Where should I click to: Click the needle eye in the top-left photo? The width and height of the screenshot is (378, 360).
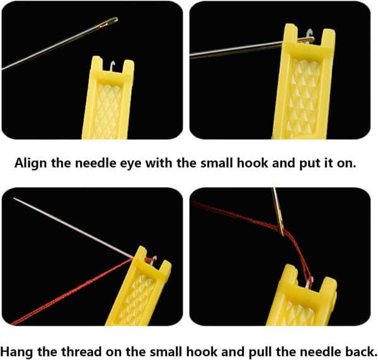click(109, 23)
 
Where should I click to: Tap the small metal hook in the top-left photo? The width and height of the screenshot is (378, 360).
click(112, 66)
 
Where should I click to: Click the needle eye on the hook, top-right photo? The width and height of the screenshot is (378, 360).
click(306, 40)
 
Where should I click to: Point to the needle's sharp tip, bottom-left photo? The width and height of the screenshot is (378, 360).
click(14, 198)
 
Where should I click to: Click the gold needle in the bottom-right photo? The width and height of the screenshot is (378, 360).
click(278, 211)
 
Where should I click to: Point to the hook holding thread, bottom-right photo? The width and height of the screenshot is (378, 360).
click(309, 283)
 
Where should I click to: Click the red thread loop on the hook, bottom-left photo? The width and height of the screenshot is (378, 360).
click(150, 259)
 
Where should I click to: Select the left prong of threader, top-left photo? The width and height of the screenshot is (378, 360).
click(97, 65)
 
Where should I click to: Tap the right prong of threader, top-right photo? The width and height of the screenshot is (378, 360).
click(328, 38)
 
